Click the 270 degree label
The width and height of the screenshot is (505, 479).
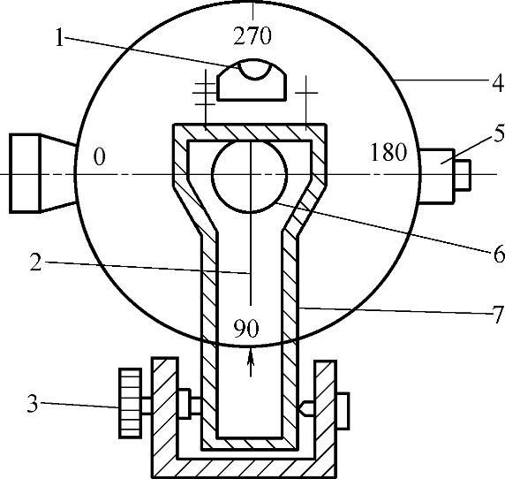[253, 35]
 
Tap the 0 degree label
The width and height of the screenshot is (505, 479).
[99, 157]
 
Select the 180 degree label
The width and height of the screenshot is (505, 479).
[388, 152]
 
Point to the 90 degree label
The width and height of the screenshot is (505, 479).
[246, 329]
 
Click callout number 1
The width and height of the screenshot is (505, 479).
[59, 37]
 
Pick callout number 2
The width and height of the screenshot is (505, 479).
[35, 262]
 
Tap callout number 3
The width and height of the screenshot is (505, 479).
[33, 403]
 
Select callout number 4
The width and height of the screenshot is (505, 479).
[498, 83]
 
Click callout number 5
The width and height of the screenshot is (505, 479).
[499, 133]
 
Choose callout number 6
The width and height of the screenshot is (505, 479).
[499, 254]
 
